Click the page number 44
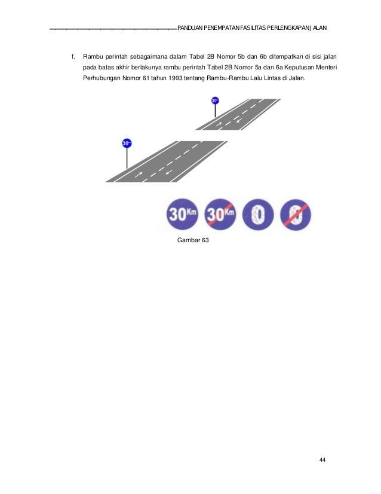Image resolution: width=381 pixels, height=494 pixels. pyautogui.click(x=322, y=459)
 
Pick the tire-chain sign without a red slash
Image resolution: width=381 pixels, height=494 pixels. pyautogui.click(x=258, y=214)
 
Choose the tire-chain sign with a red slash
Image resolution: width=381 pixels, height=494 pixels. pyautogui.click(x=296, y=214)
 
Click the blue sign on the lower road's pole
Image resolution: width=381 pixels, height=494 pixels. pyautogui.click(x=127, y=144)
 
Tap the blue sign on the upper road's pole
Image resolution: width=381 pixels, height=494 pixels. pyautogui.click(x=215, y=100)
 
